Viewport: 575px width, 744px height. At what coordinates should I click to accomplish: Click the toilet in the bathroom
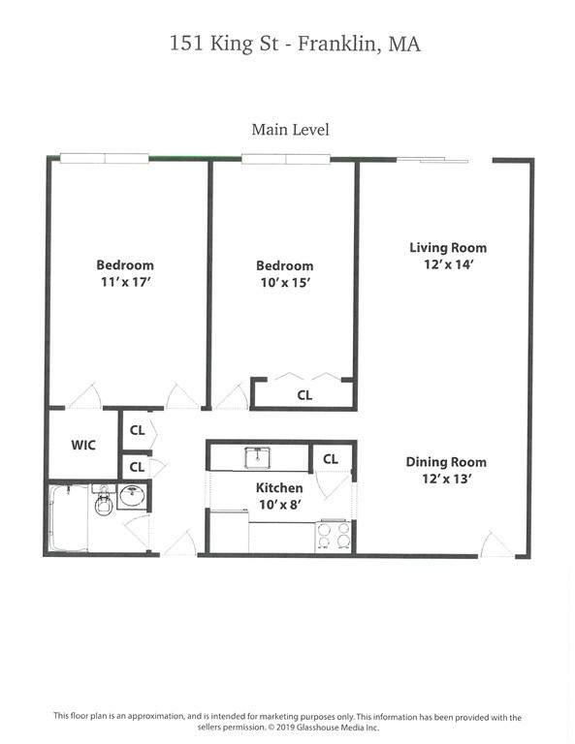pyautogui.click(x=103, y=504)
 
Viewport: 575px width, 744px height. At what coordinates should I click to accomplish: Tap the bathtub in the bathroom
pyautogui.click(x=68, y=518)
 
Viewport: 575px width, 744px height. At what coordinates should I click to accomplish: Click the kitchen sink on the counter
pyautogui.click(x=257, y=456)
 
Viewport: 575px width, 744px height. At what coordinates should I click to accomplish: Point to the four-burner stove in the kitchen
pyautogui.click(x=334, y=536)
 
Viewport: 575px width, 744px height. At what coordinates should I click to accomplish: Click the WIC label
pyautogui.click(x=82, y=446)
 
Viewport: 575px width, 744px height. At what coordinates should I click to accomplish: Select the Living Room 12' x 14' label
pyautogui.click(x=447, y=256)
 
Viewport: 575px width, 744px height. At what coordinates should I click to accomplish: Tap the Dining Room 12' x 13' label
pyautogui.click(x=445, y=471)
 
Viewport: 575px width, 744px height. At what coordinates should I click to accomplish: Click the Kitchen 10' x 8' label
pyautogui.click(x=279, y=496)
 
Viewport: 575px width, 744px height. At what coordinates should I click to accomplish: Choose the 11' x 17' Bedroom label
pyautogui.click(x=124, y=273)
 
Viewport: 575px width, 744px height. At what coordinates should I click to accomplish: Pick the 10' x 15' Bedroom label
pyautogui.click(x=284, y=274)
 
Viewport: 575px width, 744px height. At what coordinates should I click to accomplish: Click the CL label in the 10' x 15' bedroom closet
pyautogui.click(x=304, y=395)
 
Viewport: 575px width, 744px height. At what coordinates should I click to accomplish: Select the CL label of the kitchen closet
pyautogui.click(x=330, y=458)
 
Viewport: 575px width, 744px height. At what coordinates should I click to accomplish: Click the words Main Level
pyautogui.click(x=290, y=129)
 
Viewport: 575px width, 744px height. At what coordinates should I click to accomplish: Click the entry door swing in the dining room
pyautogui.click(x=495, y=544)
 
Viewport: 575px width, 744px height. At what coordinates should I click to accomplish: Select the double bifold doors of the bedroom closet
pyautogui.click(x=306, y=378)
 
